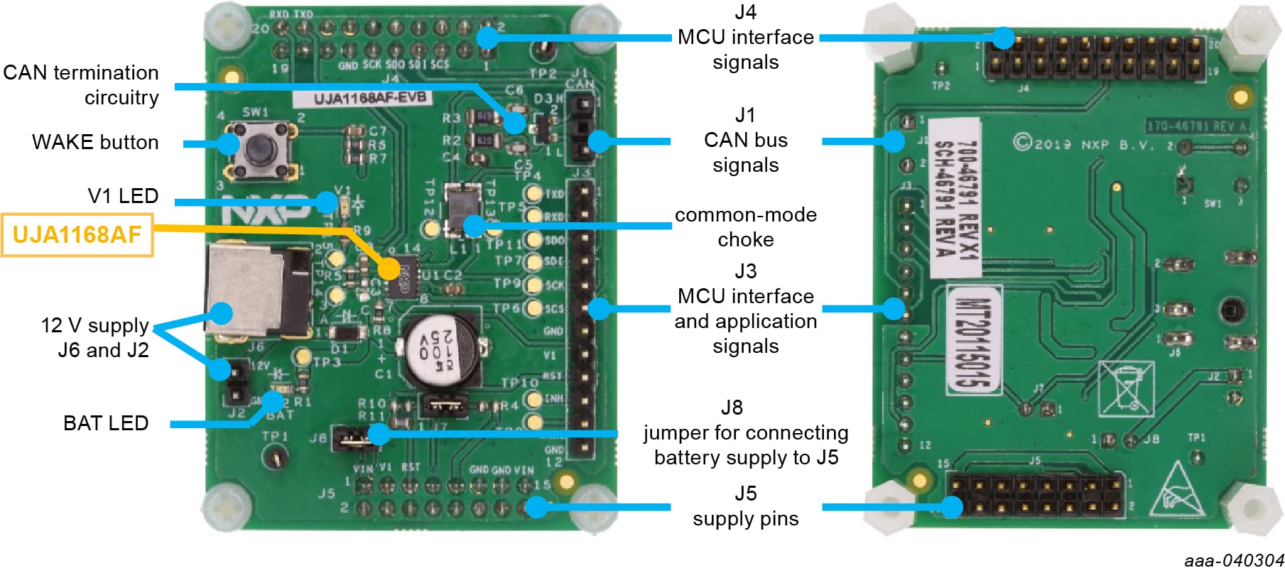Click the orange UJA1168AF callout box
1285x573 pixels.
[77, 235]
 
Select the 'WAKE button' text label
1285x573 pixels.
[95, 142]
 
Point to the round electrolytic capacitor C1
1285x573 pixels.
[438, 349]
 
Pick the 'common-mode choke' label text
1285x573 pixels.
[745, 227]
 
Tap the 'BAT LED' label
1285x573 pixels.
[106, 423]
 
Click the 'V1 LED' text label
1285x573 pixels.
[123, 196]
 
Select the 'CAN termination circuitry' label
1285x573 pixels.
[81, 84]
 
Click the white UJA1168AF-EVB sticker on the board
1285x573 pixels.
[370, 98]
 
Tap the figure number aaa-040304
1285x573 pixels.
[1234, 561]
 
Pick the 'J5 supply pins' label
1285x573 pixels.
[745, 506]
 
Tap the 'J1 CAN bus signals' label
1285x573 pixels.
[745, 140]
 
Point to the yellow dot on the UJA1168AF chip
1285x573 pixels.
[389, 268]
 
